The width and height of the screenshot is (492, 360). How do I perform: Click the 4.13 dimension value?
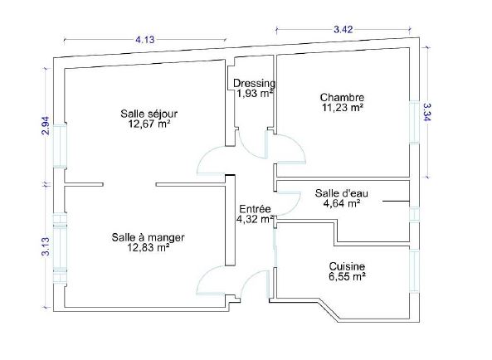tap(144, 40)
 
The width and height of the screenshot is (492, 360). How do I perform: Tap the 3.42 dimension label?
tap(343, 30)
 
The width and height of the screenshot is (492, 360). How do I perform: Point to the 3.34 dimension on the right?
tap(426, 112)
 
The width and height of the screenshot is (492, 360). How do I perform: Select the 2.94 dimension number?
tap(46, 125)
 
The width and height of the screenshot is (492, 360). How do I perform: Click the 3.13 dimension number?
tap(46, 246)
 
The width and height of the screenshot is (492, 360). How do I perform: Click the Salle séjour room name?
tap(149, 113)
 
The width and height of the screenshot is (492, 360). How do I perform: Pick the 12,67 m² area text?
tap(149, 124)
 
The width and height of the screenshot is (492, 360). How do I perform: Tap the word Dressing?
tap(255, 83)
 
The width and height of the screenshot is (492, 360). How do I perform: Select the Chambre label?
tap(342, 97)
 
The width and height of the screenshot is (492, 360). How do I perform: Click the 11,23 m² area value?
tap(343, 108)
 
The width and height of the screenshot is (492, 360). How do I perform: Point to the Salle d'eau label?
tap(341, 193)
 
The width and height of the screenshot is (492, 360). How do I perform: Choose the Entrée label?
tap(255, 209)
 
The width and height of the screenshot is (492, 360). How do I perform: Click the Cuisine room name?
tap(347, 266)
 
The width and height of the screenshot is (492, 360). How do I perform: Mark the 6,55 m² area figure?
tap(347, 276)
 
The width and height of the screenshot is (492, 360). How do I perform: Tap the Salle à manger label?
tap(149, 237)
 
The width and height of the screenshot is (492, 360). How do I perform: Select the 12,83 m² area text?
tap(149, 248)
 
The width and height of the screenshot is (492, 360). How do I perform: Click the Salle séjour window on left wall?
tap(60, 145)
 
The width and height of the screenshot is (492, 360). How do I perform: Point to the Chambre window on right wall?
tap(415, 122)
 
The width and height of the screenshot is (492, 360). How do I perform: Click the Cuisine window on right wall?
tap(415, 271)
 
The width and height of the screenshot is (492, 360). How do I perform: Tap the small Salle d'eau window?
tap(415, 215)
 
